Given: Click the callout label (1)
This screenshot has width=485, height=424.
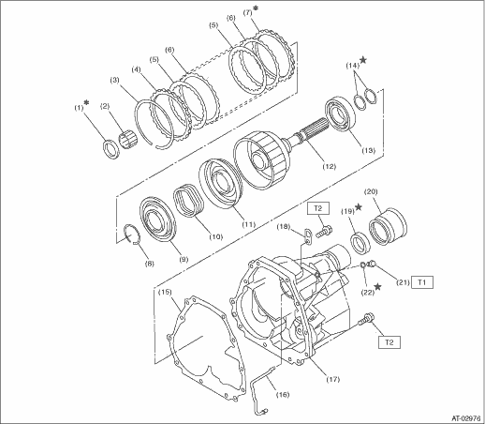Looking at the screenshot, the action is coord(79,108).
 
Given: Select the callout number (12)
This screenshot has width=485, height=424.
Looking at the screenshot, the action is coord(330,166).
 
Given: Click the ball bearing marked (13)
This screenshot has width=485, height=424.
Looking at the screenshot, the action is coord(340,115).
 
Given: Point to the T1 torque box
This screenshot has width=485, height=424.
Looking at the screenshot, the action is coord(421,282).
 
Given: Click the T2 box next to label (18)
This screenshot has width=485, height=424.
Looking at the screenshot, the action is coord(318,208).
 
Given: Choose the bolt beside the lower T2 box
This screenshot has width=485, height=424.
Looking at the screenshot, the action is coord(366,320).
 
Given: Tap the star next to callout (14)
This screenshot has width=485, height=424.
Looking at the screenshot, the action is coord(363,60).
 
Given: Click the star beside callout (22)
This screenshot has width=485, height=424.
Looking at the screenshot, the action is coord(377,286).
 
